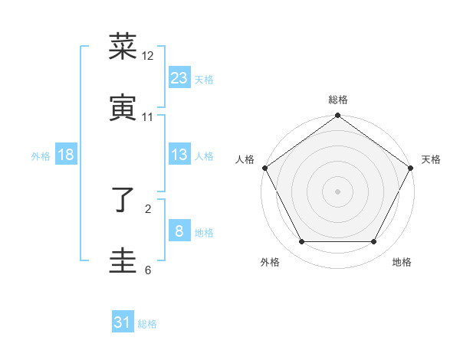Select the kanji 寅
[123, 107]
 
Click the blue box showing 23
[179, 77]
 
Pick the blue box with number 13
[179, 155]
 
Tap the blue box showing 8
[179, 231]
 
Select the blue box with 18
[66, 155]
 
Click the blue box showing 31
[123, 322]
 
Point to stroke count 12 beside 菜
[148, 56]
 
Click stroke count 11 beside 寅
[148, 117]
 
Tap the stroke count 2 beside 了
[148, 208]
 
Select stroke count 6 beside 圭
[148, 270]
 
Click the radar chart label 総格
[337, 100]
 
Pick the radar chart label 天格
[431, 159]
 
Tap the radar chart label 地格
[402, 262]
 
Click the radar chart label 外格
[270, 262]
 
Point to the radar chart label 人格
[245, 159]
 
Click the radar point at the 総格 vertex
[337, 116]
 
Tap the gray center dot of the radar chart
[337, 191]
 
